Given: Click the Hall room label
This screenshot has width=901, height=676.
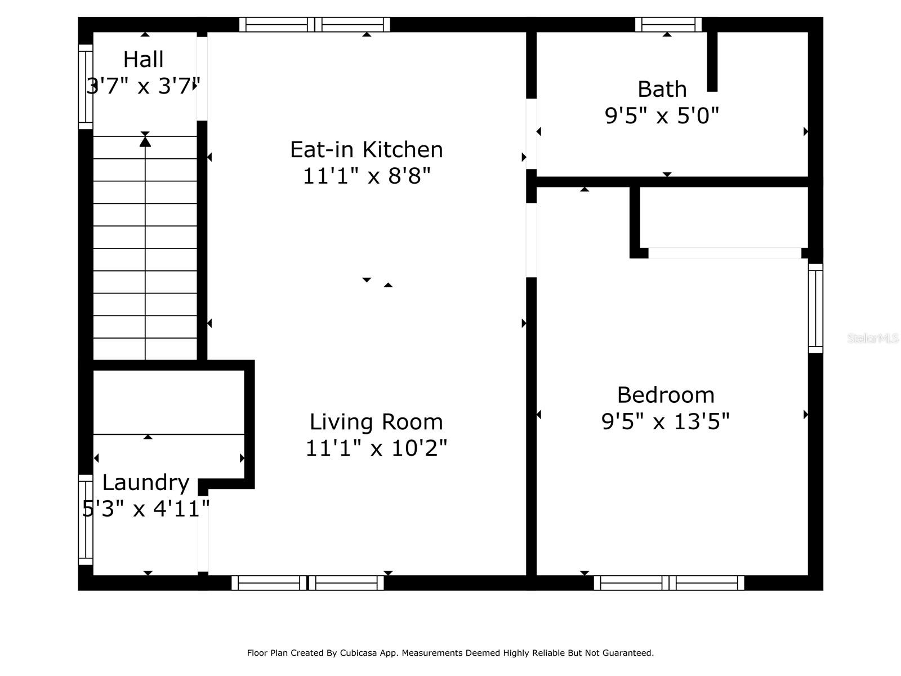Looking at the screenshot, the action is (143, 60).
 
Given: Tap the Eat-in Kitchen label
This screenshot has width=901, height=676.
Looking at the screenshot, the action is (367, 149).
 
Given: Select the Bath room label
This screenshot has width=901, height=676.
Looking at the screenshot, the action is (662, 89).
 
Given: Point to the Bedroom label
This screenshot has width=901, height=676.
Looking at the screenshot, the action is (666, 395).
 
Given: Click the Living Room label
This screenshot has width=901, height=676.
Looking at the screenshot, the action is (376, 422).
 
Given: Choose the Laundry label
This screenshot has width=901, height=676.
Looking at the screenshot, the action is (146, 483).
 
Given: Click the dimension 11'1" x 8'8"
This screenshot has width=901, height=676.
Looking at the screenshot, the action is (367, 176).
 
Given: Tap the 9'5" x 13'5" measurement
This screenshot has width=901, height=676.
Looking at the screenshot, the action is (666, 421).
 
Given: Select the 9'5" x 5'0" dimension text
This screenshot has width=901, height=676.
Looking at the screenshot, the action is (662, 115).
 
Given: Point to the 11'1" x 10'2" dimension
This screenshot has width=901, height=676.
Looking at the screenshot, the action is (376, 448).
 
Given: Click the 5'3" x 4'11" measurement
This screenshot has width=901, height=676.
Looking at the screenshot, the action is (146, 509).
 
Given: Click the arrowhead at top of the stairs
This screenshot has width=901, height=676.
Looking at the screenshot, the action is (145, 141).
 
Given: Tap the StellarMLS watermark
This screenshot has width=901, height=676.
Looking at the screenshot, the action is (873, 339).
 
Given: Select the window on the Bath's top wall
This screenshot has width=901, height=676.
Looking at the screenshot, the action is (668, 25).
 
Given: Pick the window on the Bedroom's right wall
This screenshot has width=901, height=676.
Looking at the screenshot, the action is (815, 308).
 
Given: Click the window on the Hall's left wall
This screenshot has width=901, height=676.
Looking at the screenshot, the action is (86, 87).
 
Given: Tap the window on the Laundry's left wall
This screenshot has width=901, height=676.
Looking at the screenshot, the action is (86, 520).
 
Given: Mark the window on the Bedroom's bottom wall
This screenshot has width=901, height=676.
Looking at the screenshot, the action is (669, 583).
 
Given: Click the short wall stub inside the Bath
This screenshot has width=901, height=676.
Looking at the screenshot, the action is (712, 61).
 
